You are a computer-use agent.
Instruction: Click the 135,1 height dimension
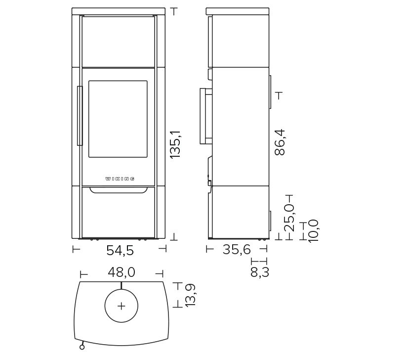(x=175, y=144)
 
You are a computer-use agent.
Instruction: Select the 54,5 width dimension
(x=120, y=250)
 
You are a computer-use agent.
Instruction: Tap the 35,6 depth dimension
(x=237, y=250)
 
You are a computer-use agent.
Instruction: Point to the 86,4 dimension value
(x=280, y=142)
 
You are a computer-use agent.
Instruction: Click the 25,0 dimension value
(x=289, y=218)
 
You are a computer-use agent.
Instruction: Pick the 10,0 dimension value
(x=313, y=231)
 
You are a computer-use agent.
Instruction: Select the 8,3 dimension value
(x=259, y=272)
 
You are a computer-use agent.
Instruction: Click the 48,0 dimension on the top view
(x=122, y=272)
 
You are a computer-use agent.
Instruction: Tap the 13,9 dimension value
(x=190, y=295)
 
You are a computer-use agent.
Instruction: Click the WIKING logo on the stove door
(x=120, y=179)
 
